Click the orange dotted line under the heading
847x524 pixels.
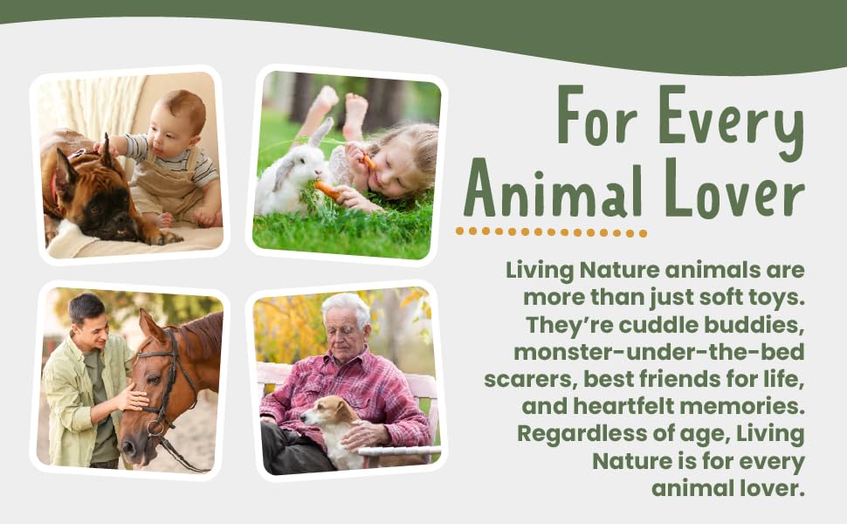[551, 232]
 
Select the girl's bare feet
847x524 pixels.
[341, 109]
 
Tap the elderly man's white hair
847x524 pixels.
[347, 306]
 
